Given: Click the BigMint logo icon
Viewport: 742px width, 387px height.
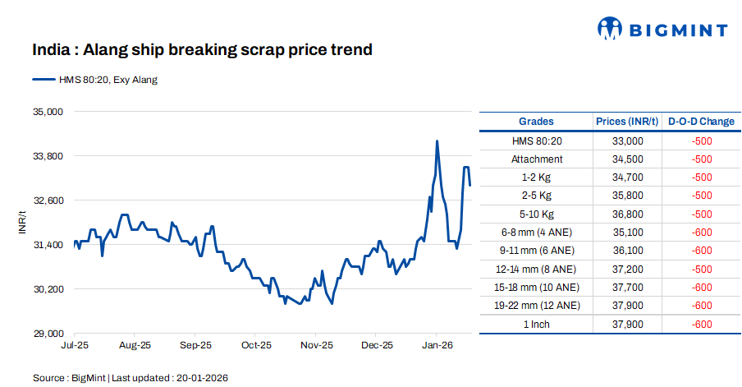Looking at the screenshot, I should tap(610, 30).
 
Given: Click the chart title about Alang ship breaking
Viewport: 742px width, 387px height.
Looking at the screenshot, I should tap(202, 50).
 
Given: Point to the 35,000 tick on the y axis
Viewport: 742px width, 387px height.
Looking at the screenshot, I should tap(46, 112).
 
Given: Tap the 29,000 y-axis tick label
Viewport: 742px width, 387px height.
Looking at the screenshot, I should tap(46, 334).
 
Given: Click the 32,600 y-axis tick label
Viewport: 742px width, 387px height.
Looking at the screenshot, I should tap(46, 200).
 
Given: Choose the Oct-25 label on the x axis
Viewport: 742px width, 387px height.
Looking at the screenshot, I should tap(255, 346).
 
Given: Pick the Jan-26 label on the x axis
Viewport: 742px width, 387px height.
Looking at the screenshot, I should tap(436, 346).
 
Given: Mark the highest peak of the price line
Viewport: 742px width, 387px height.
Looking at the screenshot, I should tap(437, 141).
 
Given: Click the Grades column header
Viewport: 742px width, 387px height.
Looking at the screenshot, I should tap(536, 122).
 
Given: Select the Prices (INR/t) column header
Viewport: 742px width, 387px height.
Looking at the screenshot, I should tap(627, 122).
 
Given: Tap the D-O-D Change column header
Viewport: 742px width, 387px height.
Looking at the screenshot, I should tap(701, 122).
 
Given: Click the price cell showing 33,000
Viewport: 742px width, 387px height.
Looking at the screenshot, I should tap(627, 141).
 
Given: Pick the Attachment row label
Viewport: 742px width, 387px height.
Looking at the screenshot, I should tap(537, 159).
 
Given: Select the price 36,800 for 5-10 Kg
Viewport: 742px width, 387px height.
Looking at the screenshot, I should tap(627, 214).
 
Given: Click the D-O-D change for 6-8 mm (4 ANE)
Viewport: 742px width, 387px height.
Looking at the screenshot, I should tap(702, 232).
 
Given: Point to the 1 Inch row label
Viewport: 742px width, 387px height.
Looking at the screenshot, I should tap(537, 324).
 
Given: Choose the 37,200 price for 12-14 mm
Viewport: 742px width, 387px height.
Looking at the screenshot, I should tap(627, 269).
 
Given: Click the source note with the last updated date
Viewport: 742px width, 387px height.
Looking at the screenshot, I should tap(130, 378).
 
